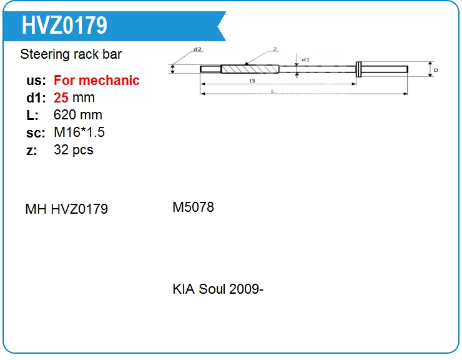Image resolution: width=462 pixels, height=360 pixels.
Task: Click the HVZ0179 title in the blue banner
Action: (x=64, y=26)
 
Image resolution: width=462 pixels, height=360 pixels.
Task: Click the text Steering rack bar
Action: (x=71, y=54)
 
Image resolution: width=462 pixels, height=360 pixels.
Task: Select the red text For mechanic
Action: (x=97, y=80)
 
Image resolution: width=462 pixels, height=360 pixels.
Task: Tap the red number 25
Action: (x=61, y=97)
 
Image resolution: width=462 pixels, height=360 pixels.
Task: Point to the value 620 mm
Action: (x=78, y=115)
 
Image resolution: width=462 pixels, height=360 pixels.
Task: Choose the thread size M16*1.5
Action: (x=79, y=132)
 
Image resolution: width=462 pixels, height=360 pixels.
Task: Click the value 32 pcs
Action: (x=74, y=150)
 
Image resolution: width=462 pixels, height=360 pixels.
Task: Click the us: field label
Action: (x=36, y=81)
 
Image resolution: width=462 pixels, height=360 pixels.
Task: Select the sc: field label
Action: (x=36, y=133)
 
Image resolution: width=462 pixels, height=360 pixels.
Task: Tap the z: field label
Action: (x=31, y=151)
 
